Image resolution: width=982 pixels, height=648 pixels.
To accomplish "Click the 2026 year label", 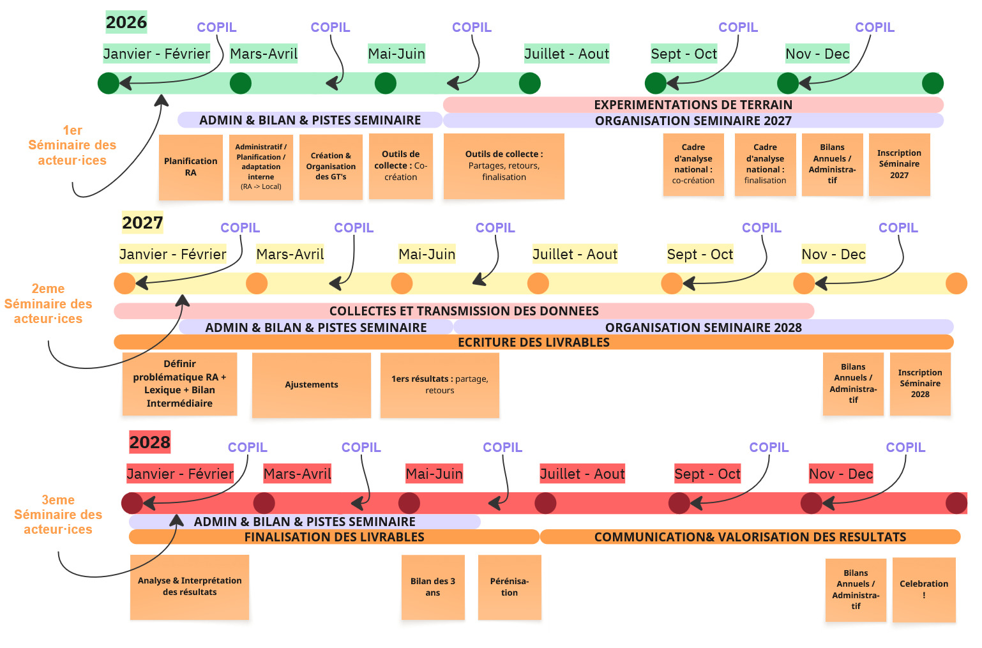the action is (x=126, y=22).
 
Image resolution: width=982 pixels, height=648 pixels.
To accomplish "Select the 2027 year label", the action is (x=142, y=222).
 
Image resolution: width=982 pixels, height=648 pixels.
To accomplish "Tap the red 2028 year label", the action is (x=149, y=442).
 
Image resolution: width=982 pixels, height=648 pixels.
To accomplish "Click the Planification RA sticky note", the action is (x=191, y=167).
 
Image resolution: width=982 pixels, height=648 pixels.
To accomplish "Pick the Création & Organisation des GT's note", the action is (x=331, y=167).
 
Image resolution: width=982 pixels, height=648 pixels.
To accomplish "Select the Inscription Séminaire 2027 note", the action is (x=899, y=165).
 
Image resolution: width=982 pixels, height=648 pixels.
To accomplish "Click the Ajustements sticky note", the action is (x=311, y=384).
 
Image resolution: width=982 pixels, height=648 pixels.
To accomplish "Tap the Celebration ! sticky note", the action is (x=924, y=590).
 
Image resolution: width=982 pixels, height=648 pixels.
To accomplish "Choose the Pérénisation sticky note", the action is (x=510, y=587).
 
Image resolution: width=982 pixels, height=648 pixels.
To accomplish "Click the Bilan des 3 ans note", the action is (x=433, y=587).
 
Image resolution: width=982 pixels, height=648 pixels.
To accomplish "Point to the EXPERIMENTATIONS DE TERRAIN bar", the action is (x=693, y=105).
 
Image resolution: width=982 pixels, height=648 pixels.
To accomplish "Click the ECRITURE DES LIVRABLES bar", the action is (x=534, y=342).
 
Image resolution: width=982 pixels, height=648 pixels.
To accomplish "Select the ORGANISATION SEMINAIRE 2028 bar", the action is (x=703, y=327).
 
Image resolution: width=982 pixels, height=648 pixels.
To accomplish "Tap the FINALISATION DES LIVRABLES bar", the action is (x=334, y=537).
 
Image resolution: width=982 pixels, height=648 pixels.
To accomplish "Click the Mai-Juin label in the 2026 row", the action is (x=397, y=54).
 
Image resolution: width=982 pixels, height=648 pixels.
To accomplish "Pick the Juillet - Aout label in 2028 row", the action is (x=582, y=474).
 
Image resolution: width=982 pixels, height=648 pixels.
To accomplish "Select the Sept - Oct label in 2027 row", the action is (x=700, y=254).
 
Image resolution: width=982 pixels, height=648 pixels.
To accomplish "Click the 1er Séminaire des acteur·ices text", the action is (x=72, y=145).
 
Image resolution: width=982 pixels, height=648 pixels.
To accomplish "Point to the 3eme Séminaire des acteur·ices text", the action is (x=58, y=515).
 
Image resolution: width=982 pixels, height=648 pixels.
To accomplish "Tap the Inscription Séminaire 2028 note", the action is (x=920, y=384).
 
